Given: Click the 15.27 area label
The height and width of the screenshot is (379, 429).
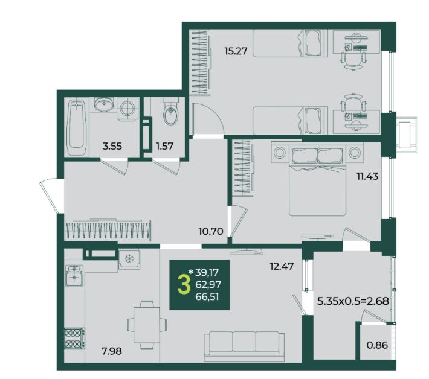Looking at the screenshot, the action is [x=236, y=51].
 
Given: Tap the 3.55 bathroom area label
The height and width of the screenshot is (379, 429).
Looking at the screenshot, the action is [x=112, y=146].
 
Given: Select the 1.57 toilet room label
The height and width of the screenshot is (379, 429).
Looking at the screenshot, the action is [x=164, y=146].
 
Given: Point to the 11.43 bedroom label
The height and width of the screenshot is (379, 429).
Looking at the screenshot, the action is [x=367, y=176].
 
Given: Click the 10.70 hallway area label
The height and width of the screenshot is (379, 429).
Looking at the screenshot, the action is [x=211, y=232].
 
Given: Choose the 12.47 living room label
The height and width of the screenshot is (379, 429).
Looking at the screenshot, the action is [x=282, y=266].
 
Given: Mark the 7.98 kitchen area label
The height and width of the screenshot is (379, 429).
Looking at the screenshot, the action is [x=112, y=351].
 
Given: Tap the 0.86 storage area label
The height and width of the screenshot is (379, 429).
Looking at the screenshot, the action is [x=377, y=345].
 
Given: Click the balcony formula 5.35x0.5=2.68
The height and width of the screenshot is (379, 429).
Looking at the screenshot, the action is [x=353, y=301].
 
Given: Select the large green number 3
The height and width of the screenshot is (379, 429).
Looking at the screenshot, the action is [x=184, y=284].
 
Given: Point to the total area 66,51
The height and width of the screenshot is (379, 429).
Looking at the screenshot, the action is [x=207, y=297].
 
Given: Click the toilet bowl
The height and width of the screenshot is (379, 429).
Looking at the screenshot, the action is [x=171, y=112].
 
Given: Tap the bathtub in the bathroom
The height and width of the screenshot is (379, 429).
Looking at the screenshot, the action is [x=76, y=127].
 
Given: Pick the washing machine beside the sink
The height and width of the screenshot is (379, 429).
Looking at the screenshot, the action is [x=127, y=109].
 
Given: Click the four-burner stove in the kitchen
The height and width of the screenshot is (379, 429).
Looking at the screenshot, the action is [x=74, y=339].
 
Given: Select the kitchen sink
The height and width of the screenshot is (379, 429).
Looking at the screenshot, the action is [x=74, y=275].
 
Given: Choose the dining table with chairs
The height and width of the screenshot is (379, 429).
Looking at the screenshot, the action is [x=147, y=325].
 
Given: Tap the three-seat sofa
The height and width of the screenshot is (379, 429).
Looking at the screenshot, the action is [x=244, y=346].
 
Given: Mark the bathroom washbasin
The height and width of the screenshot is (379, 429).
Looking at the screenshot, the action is [x=104, y=104].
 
